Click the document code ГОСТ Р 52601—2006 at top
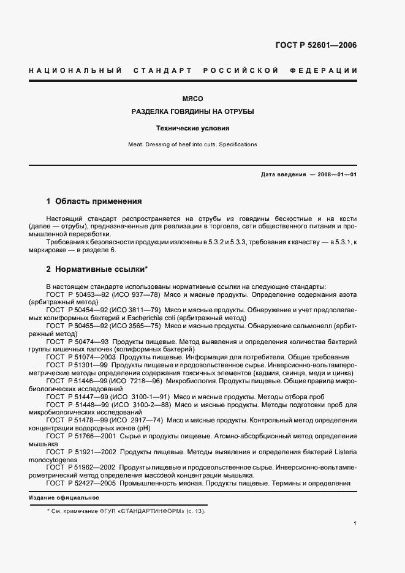pyautogui.click(x=316, y=45)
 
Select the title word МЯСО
pyautogui.click(x=193, y=98)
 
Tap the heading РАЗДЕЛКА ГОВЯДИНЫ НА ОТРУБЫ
pyautogui.click(x=193, y=113)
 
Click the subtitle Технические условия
pyautogui.click(x=193, y=129)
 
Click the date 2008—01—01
pyautogui.click(x=337, y=175)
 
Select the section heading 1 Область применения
pyautogui.click(x=94, y=201)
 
